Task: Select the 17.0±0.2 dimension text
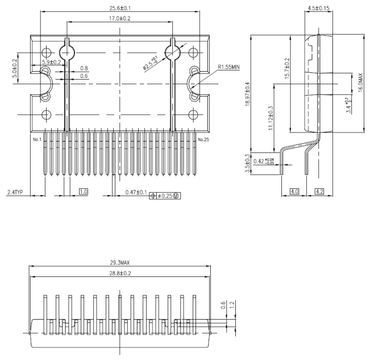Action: (x=119, y=19)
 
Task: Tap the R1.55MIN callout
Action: (x=229, y=67)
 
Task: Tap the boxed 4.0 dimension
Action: (x=294, y=193)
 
